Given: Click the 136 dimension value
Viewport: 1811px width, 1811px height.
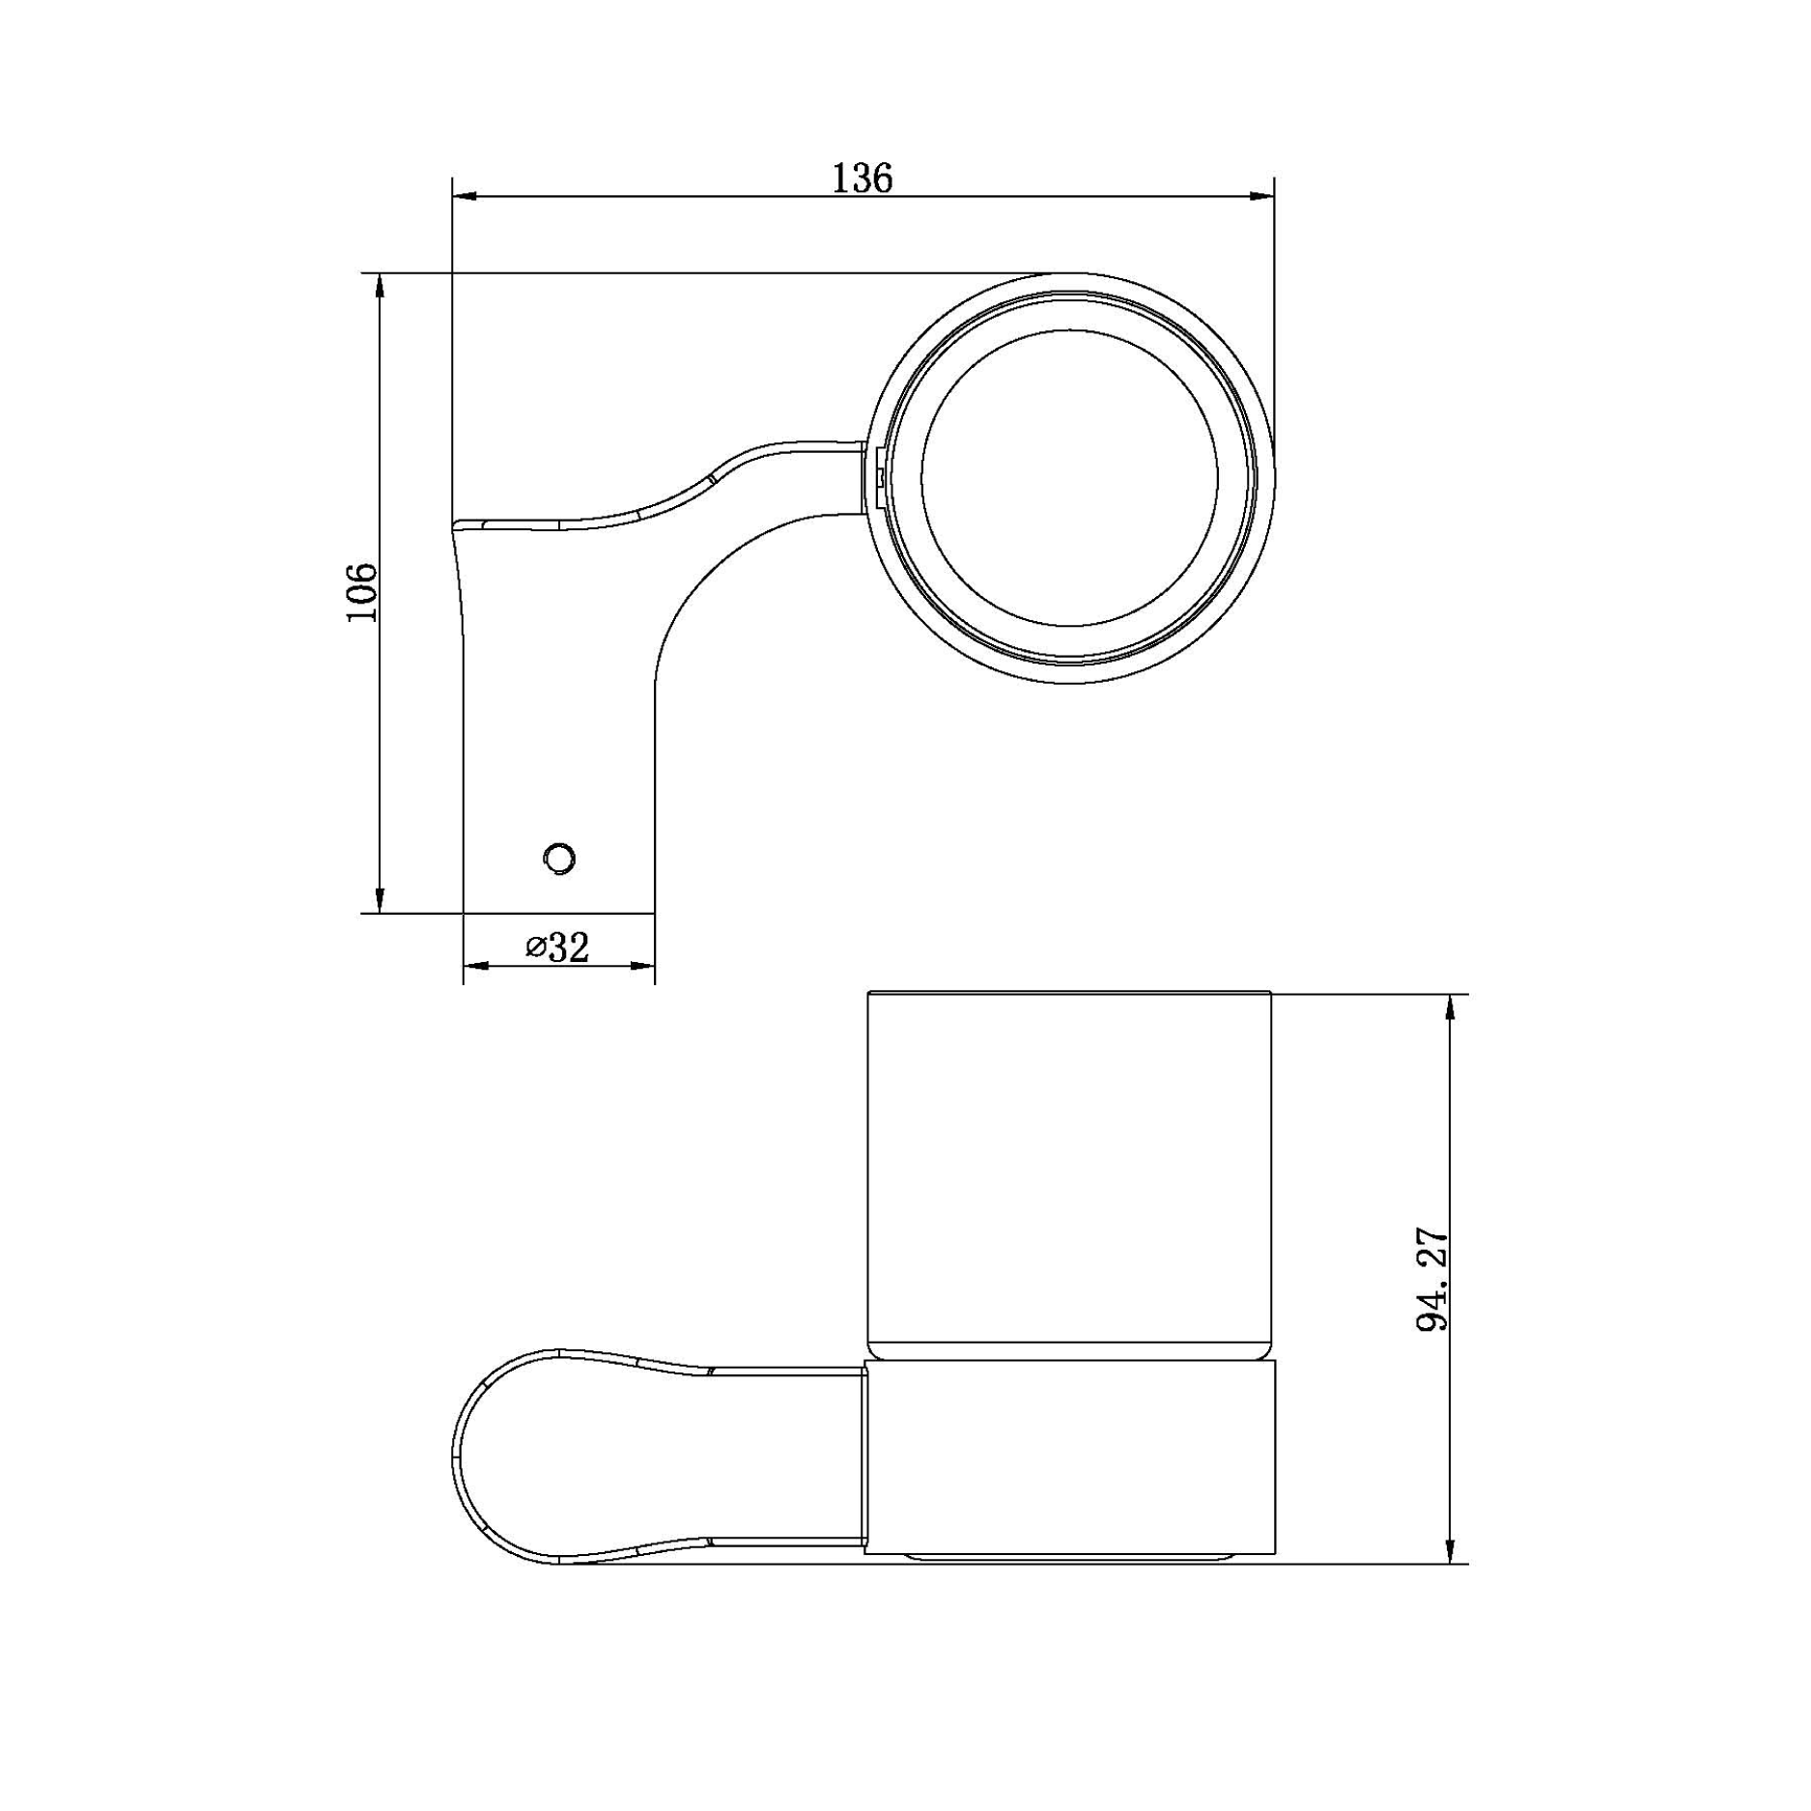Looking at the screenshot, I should (863, 179).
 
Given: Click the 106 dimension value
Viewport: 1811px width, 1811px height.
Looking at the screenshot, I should (362, 592).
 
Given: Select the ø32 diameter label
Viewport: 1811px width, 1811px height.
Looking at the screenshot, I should (557, 948).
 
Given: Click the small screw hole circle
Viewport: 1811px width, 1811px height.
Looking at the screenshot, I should (560, 858).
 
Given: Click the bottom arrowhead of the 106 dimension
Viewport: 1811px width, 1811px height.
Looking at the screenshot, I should (380, 900).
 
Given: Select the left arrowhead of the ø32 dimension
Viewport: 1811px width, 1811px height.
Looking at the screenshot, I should (475, 965).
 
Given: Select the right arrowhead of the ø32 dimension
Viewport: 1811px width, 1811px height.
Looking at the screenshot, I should (643, 965).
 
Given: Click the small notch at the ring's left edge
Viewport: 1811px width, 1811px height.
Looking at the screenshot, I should (879, 475).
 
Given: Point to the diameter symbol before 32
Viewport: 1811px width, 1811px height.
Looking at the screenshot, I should (536, 948).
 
